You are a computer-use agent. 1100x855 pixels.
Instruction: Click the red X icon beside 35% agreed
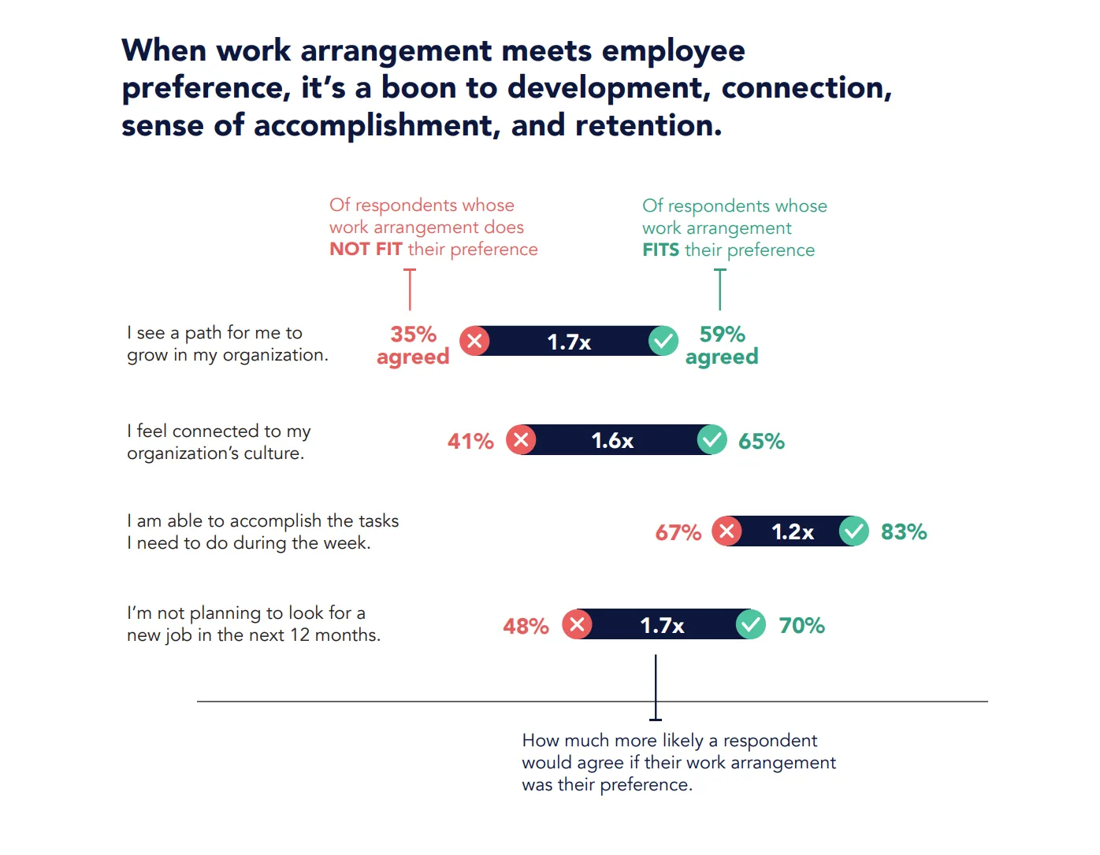tap(474, 341)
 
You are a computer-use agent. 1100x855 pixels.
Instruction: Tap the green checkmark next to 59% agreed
tap(663, 341)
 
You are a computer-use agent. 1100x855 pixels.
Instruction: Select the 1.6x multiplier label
tap(612, 440)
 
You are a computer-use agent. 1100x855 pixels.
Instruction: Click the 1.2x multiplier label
tap(792, 531)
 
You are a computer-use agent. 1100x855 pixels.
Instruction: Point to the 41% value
tap(470, 441)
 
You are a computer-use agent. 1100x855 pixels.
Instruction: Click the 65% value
tap(761, 441)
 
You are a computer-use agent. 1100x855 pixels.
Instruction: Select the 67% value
tap(678, 532)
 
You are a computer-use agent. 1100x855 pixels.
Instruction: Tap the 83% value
tap(904, 532)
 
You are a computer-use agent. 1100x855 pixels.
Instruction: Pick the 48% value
tap(526, 626)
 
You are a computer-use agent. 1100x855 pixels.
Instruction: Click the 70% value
tap(801, 625)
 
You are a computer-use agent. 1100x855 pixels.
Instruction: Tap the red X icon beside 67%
tap(727, 531)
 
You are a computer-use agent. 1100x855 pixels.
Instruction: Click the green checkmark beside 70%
tap(750, 625)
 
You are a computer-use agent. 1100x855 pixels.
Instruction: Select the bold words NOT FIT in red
tap(366, 249)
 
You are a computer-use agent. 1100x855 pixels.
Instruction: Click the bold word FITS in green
tap(660, 250)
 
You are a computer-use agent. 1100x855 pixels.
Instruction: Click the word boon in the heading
tap(418, 87)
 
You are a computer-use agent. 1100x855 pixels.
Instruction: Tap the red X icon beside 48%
tap(577, 625)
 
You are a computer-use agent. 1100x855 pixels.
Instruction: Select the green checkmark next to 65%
tap(712, 440)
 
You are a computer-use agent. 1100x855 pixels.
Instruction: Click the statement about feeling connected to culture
tap(218, 442)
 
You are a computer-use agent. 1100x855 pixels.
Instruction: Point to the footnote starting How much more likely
tap(678, 762)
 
